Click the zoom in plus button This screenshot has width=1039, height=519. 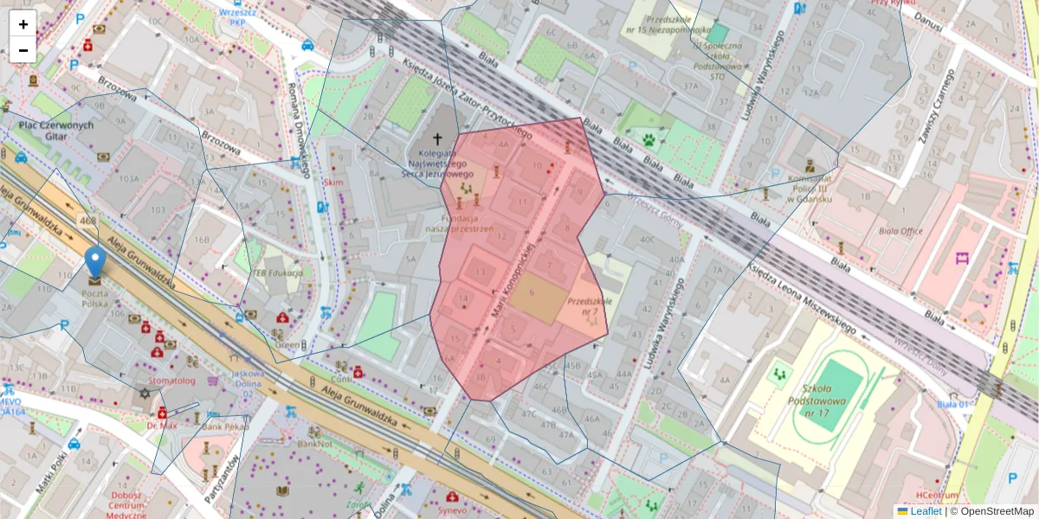click(x=23, y=24)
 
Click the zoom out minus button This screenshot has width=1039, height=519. click(x=23, y=50)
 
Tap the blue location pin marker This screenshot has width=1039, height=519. click(x=94, y=263)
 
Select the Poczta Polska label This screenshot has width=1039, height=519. click(x=94, y=298)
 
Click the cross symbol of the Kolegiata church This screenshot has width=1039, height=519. click(x=438, y=139)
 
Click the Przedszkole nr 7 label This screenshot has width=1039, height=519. click(x=584, y=306)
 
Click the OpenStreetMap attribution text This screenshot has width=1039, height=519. click(x=996, y=511)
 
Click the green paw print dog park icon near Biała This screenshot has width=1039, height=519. click(x=648, y=138)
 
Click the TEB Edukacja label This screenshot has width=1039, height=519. click(x=277, y=273)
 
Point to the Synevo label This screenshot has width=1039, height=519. click(x=451, y=510)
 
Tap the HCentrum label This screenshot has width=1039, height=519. click(x=937, y=495)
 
